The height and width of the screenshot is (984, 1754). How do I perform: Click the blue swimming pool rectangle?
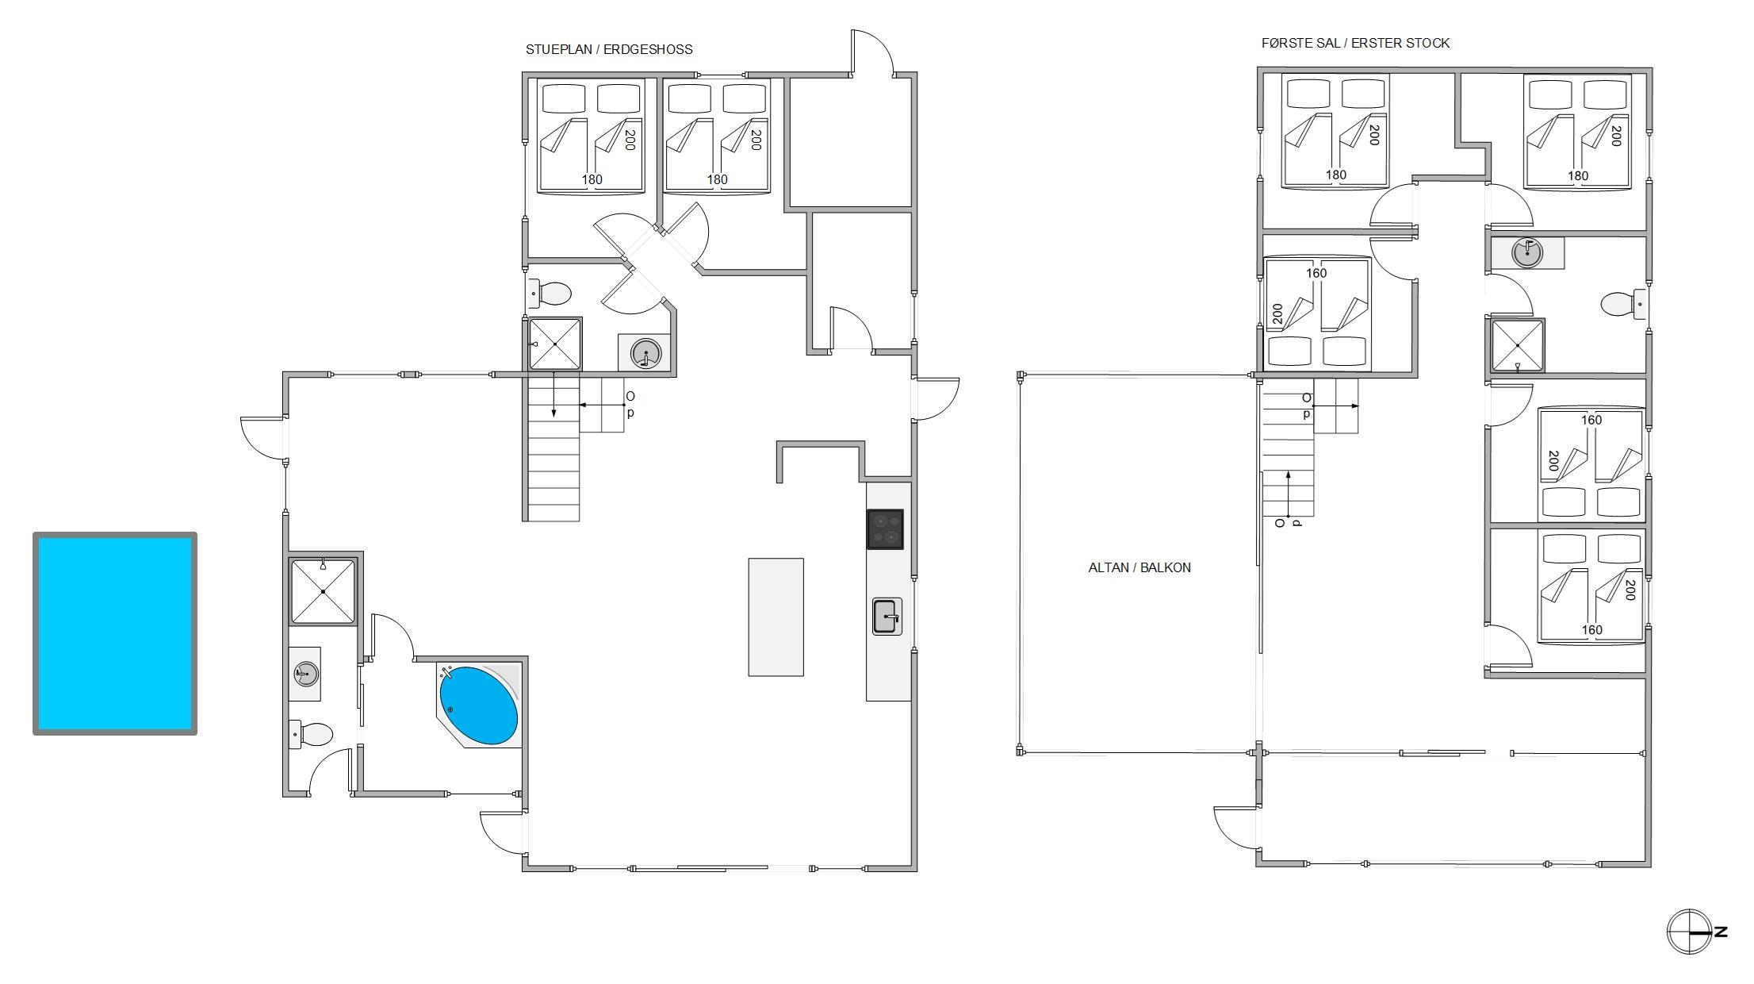click(115, 633)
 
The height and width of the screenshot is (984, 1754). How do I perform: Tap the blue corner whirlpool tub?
click(478, 705)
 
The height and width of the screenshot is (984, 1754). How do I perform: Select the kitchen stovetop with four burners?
click(885, 529)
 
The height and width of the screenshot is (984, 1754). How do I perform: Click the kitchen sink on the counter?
click(887, 617)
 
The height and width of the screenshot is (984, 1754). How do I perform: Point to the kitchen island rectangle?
click(776, 617)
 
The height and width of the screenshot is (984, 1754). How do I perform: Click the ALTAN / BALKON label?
click(1139, 567)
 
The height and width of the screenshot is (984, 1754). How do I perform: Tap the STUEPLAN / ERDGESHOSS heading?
click(609, 49)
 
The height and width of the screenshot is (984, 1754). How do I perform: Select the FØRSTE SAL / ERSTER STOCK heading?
click(1356, 43)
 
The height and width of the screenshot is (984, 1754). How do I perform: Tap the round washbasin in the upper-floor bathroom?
click(1526, 253)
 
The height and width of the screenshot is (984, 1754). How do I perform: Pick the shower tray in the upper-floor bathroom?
click(1518, 346)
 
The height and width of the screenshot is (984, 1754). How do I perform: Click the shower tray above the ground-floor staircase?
click(555, 344)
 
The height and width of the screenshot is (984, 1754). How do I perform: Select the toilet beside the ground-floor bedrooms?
click(550, 294)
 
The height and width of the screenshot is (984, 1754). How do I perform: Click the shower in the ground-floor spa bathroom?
click(323, 591)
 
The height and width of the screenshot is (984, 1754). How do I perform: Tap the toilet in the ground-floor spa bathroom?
click(311, 735)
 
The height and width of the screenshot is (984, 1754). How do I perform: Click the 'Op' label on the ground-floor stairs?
click(630, 404)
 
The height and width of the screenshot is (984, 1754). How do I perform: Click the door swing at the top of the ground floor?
click(872, 52)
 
